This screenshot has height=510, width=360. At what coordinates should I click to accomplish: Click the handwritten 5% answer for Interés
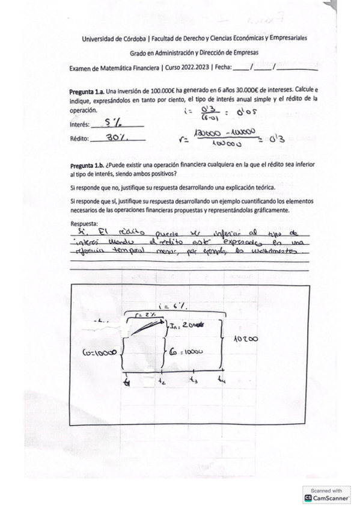click(x=114, y=123)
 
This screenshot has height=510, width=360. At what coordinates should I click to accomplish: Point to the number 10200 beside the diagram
click(x=245, y=339)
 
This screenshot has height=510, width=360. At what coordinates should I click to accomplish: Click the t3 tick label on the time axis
click(x=193, y=379)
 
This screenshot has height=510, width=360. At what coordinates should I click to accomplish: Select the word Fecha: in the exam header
click(x=222, y=68)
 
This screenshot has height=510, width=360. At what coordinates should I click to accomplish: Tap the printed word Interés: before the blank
click(x=81, y=125)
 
